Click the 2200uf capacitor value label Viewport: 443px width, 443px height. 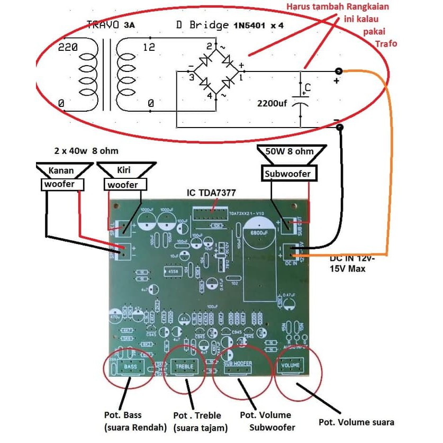pyautogui.click(x=272, y=103)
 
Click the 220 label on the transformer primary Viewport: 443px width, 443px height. pyautogui.click(x=68, y=47)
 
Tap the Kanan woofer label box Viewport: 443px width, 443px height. pyautogui.click(x=63, y=184)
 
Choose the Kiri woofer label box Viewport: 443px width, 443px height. pyautogui.click(x=122, y=184)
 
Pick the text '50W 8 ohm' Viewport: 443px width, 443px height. pyautogui.click(x=290, y=151)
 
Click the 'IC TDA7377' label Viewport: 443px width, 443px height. pyautogui.click(x=210, y=192)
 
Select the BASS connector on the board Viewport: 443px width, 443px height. pyautogui.click(x=130, y=367)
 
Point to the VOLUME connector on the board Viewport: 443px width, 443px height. pyautogui.click(x=291, y=365)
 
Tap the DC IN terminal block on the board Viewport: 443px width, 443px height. pyautogui.click(x=292, y=252)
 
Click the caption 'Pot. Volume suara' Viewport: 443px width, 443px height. pyautogui.click(x=356, y=422)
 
